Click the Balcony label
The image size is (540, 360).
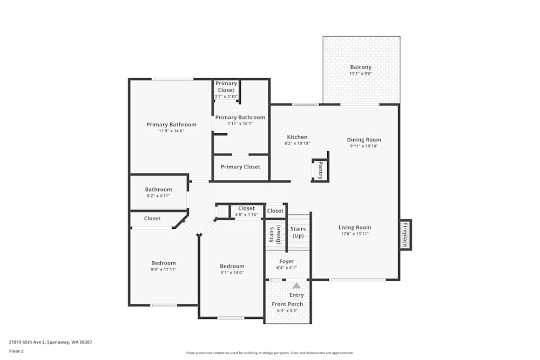[x=361, y=67]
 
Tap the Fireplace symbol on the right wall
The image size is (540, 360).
[x=405, y=235]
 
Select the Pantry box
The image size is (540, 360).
[x=320, y=170]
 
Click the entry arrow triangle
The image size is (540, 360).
[x=296, y=286]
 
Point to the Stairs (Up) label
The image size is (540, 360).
[x=298, y=232]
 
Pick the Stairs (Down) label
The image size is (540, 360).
[x=275, y=235]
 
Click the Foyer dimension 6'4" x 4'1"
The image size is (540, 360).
[x=287, y=268]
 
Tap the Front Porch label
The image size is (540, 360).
[x=287, y=304]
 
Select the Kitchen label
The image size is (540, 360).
[x=297, y=137]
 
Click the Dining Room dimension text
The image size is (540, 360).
[x=364, y=146]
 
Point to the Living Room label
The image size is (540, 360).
[x=355, y=227]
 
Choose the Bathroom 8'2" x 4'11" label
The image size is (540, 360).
[x=158, y=189]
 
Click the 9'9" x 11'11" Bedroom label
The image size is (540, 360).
[x=163, y=263]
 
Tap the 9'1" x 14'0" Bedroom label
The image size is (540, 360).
[x=232, y=266]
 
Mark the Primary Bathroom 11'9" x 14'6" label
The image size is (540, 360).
[x=171, y=125]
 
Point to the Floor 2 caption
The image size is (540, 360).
[x=16, y=351]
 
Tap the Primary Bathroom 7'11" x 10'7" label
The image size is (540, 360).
[x=240, y=118]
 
